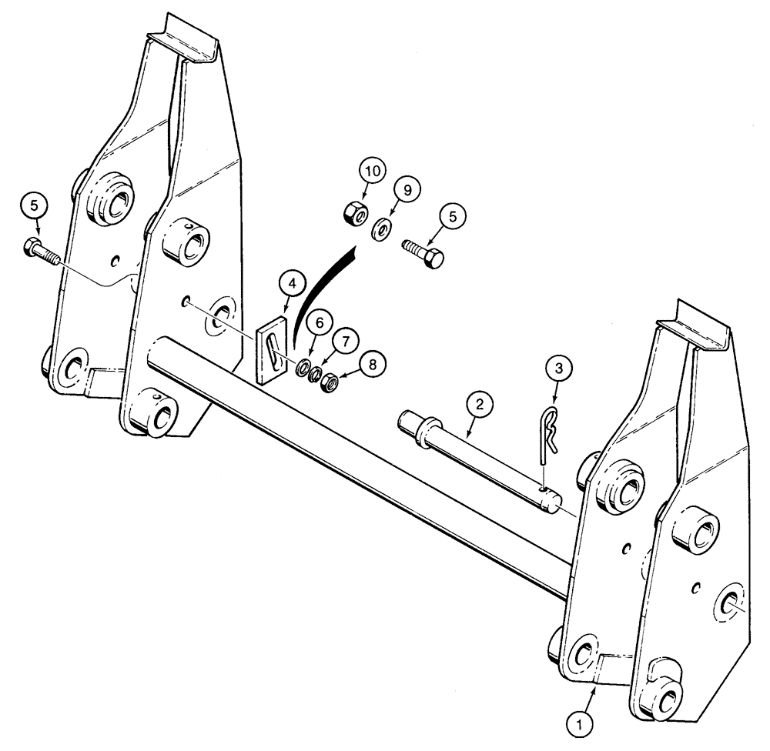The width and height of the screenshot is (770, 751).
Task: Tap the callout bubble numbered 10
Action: pyautogui.click(x=372, y=172)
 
